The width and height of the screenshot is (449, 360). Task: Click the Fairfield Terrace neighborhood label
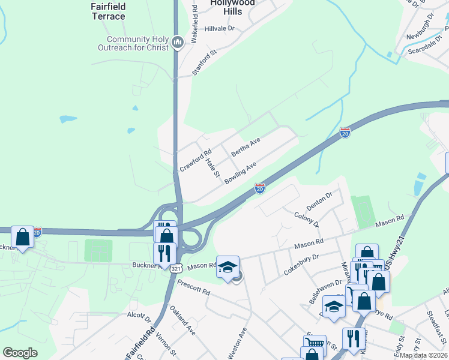109,11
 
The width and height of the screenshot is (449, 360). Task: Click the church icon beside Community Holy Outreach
177,42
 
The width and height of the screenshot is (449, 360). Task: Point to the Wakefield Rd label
194,25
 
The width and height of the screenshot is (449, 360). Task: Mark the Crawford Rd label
196,160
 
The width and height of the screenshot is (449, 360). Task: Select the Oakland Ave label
183,320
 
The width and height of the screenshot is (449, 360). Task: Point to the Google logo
20,353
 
